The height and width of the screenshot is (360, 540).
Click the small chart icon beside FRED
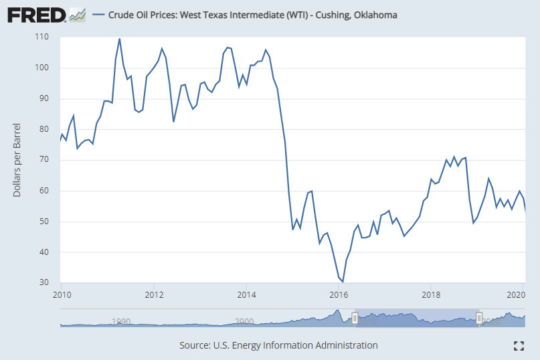[77, 14]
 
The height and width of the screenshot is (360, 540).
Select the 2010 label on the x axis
[62, 294]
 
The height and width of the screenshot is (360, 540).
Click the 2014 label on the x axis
[247, 294]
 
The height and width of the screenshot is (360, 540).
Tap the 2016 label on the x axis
[339, 294]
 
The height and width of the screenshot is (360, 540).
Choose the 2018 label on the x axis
[432, 294]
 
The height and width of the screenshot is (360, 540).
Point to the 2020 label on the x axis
[515, 294]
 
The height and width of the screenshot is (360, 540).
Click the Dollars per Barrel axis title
[17, 160]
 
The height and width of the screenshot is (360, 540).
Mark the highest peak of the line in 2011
[120, 39]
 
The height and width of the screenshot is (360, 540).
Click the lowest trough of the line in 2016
[343, 282]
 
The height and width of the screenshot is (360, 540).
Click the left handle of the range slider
[355, 318]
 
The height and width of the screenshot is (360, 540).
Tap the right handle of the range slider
[478, 318]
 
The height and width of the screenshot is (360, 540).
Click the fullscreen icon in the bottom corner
[518, 345]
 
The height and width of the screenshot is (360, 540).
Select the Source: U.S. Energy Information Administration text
[278, 345]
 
